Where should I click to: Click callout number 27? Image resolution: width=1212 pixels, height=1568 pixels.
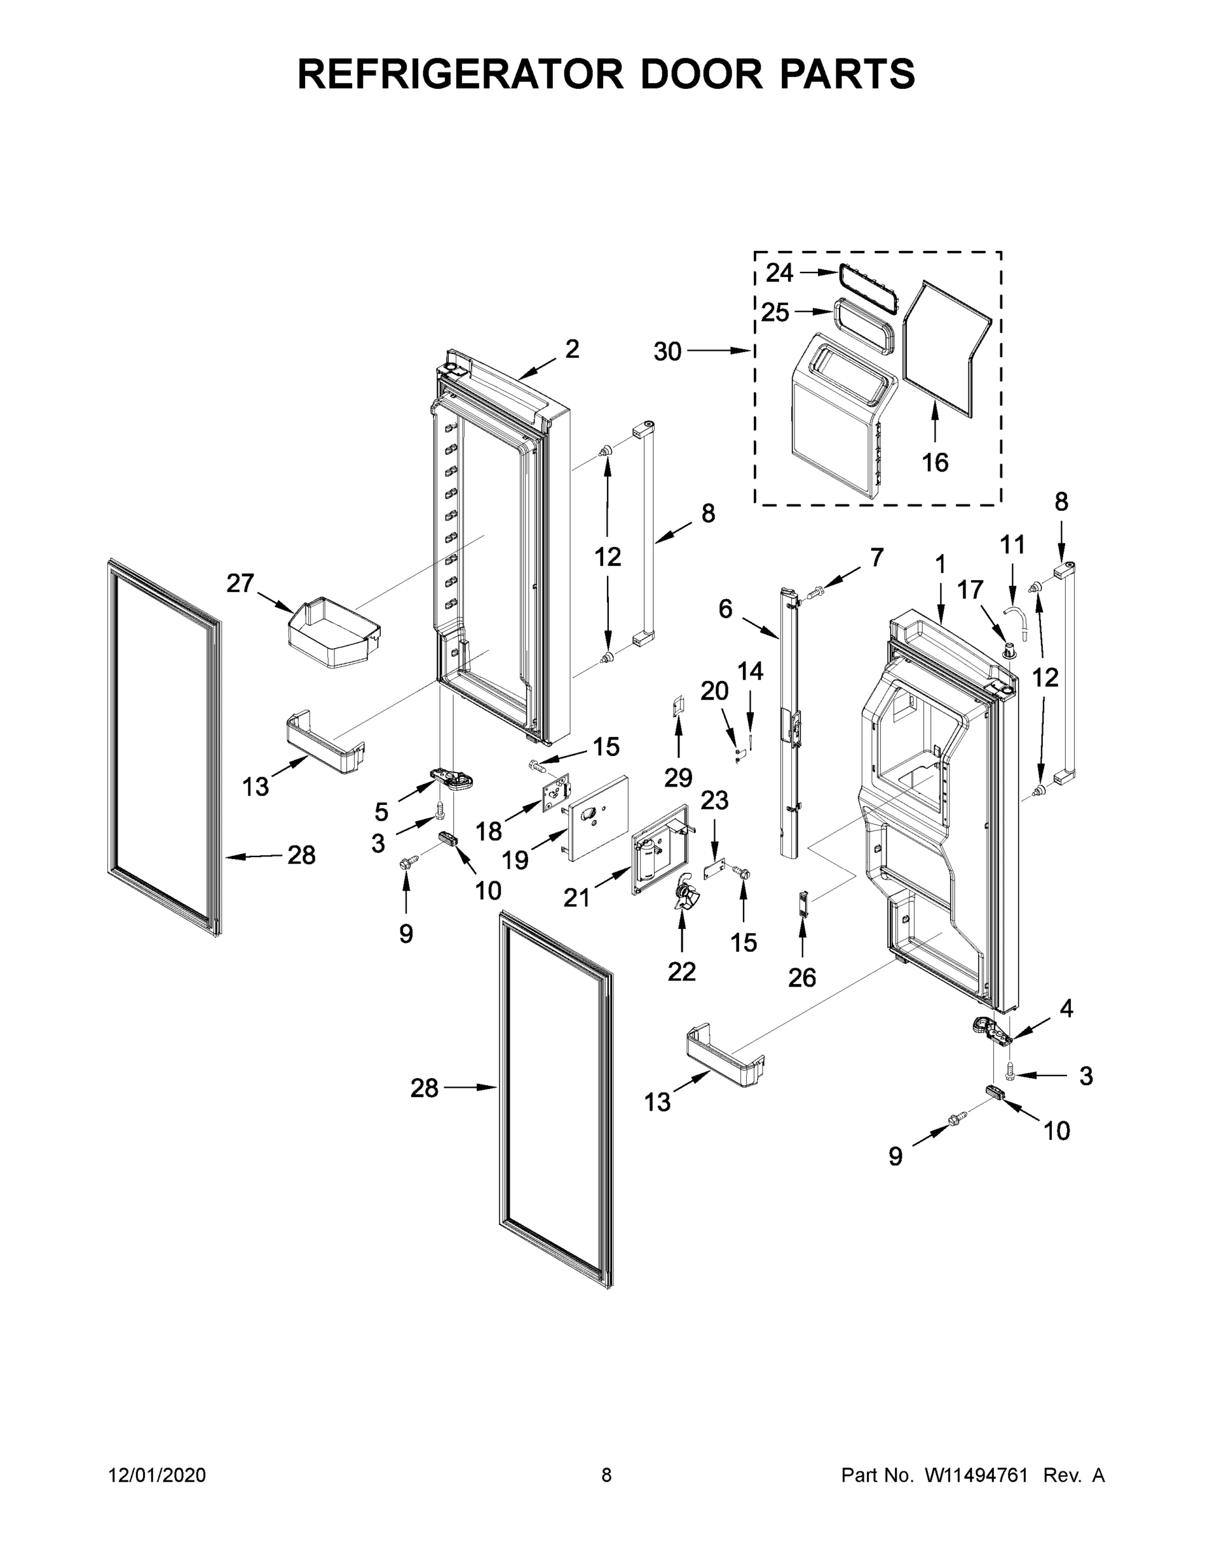point(240,583)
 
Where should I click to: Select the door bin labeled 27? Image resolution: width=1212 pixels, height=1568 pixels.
point(334,632)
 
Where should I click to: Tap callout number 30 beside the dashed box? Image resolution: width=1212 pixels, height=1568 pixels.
point(667,351)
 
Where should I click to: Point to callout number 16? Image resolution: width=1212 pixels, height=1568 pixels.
point(935,463)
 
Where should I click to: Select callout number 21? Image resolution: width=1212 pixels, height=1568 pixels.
point(576,898)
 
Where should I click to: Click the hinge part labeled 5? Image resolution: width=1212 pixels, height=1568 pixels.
point(454,779)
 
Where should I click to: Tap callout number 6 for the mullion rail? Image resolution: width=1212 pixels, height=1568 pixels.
point(725,610)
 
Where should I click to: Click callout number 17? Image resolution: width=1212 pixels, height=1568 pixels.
point(970,590)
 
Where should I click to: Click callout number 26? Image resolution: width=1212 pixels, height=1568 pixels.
point(802,977)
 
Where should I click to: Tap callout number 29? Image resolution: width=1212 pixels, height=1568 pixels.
point(678,777)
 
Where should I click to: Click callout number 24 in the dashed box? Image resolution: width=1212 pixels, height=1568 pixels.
point(779,273)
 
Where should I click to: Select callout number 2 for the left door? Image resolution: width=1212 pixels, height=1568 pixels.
point(572,349)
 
